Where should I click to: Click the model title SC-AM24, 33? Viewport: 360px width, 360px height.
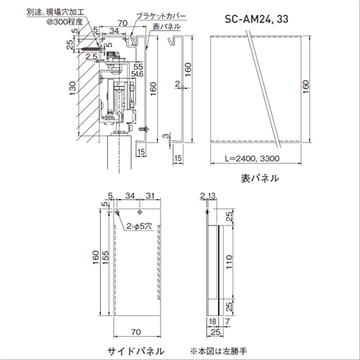pos(256,19)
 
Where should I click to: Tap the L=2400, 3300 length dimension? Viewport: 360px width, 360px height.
pos(252,158)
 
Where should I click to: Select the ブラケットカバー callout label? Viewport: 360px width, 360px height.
pos(161,17)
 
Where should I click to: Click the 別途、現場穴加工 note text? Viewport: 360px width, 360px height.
pos(55,12)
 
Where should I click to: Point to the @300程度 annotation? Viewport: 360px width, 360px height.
pos(65,22)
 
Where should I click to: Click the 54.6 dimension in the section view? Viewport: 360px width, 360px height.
pos(137,74)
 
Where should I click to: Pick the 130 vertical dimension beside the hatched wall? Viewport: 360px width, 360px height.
pos(73,88)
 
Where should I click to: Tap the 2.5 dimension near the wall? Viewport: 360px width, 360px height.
pos(91,57)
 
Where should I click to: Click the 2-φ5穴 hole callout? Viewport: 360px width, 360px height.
pos(139,226)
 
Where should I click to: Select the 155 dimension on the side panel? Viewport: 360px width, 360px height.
pos(105,258)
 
